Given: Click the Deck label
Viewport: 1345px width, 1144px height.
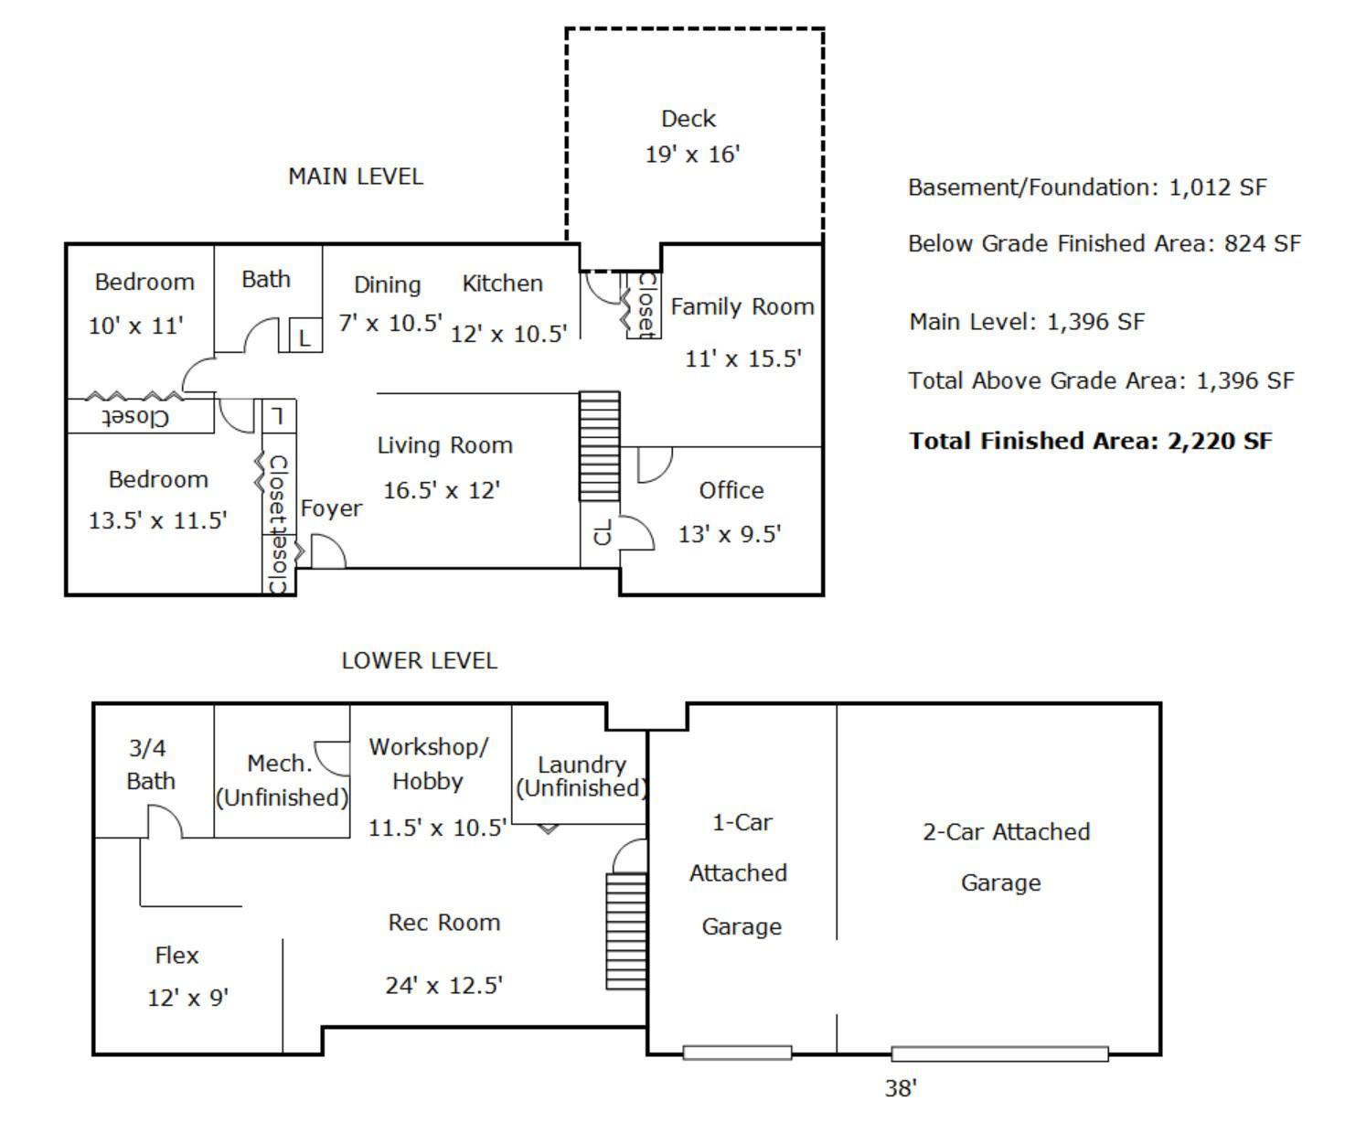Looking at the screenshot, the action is click(688, 119).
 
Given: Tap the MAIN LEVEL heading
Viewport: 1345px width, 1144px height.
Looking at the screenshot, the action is click(356, 176).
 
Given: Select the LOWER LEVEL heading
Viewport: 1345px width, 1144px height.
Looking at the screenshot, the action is click(419, 660).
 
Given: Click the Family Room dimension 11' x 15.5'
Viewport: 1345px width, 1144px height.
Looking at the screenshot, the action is click(743, 358).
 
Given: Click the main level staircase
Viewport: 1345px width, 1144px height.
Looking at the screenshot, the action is click(599, 446).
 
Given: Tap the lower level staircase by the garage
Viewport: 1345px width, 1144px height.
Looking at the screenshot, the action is click(626, 932).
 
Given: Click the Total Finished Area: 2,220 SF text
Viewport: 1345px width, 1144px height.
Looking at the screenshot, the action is click(1091, 441).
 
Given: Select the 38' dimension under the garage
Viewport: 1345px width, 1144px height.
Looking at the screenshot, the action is click(901, 1088).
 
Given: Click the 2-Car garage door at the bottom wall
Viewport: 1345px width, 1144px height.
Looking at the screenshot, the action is click(999, 1053).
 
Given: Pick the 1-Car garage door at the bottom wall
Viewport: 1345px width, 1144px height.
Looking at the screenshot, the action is click(737, 1053).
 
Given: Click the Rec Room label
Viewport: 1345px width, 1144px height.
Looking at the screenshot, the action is click(444, 923).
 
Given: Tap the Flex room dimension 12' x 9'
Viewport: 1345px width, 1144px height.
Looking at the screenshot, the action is click(188, 998).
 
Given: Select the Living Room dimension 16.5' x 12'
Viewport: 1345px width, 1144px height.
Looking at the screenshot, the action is click(442, 490).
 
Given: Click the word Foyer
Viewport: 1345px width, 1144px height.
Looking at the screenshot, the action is click(331, 508).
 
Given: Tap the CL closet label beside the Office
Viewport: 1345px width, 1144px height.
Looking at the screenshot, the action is click(603, 531).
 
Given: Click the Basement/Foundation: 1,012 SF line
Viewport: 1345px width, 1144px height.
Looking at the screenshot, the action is click(1087, 187).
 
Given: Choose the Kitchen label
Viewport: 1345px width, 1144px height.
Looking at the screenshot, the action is click(502, 283).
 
